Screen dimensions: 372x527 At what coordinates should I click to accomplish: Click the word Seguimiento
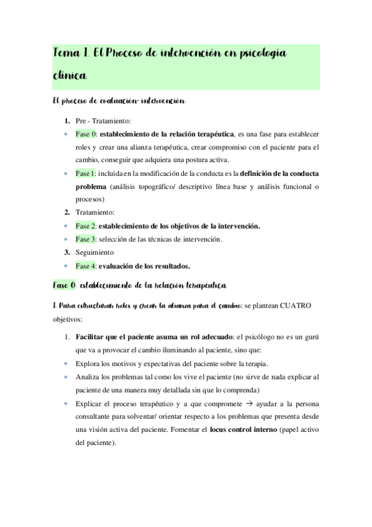click(96, 253)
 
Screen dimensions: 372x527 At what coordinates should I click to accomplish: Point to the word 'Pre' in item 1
click(81, 121)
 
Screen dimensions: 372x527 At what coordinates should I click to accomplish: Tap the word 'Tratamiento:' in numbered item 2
click(97, 213)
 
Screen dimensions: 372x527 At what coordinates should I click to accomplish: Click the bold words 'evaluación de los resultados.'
click(144, 266)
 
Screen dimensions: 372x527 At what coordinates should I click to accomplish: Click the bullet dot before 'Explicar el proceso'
click(66, 403)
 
